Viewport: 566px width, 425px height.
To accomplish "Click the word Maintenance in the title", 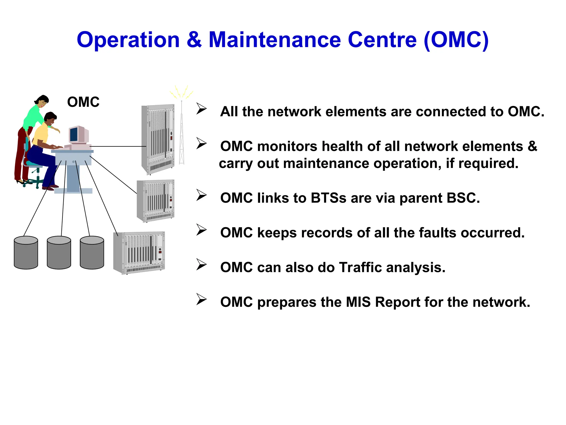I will coord(275,40).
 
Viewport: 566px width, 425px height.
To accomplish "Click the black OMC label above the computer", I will coord(83,102).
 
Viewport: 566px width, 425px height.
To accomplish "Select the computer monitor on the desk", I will coord(78,134).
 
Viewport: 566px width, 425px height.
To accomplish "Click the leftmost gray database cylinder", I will coord(26,253).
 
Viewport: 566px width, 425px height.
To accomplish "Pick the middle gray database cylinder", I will coord(59,253).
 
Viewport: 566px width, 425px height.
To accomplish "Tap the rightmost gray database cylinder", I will coord(92,253).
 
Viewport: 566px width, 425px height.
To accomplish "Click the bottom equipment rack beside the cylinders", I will coord(139,253).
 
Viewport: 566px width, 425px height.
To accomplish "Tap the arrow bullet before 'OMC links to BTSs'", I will coord(201,195).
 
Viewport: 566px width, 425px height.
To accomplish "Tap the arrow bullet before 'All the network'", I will coord(201,108).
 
